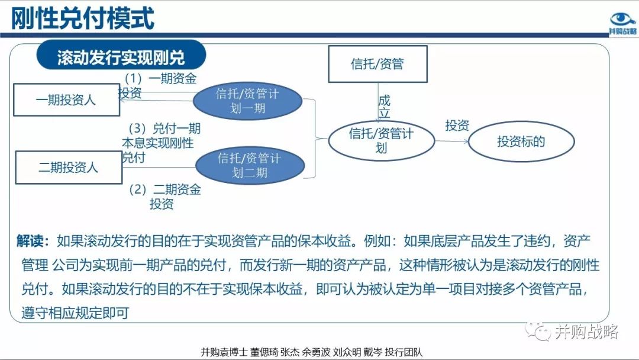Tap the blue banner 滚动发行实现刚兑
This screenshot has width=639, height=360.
coord(121,57)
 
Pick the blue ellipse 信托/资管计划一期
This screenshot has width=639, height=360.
coord(248,101)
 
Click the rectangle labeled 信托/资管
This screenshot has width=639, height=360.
coord(377,63)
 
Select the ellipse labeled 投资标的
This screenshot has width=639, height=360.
coord(521,142)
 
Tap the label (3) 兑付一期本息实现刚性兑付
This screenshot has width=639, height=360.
coord(160,143)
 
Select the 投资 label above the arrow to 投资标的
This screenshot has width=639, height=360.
coord(457,126)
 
